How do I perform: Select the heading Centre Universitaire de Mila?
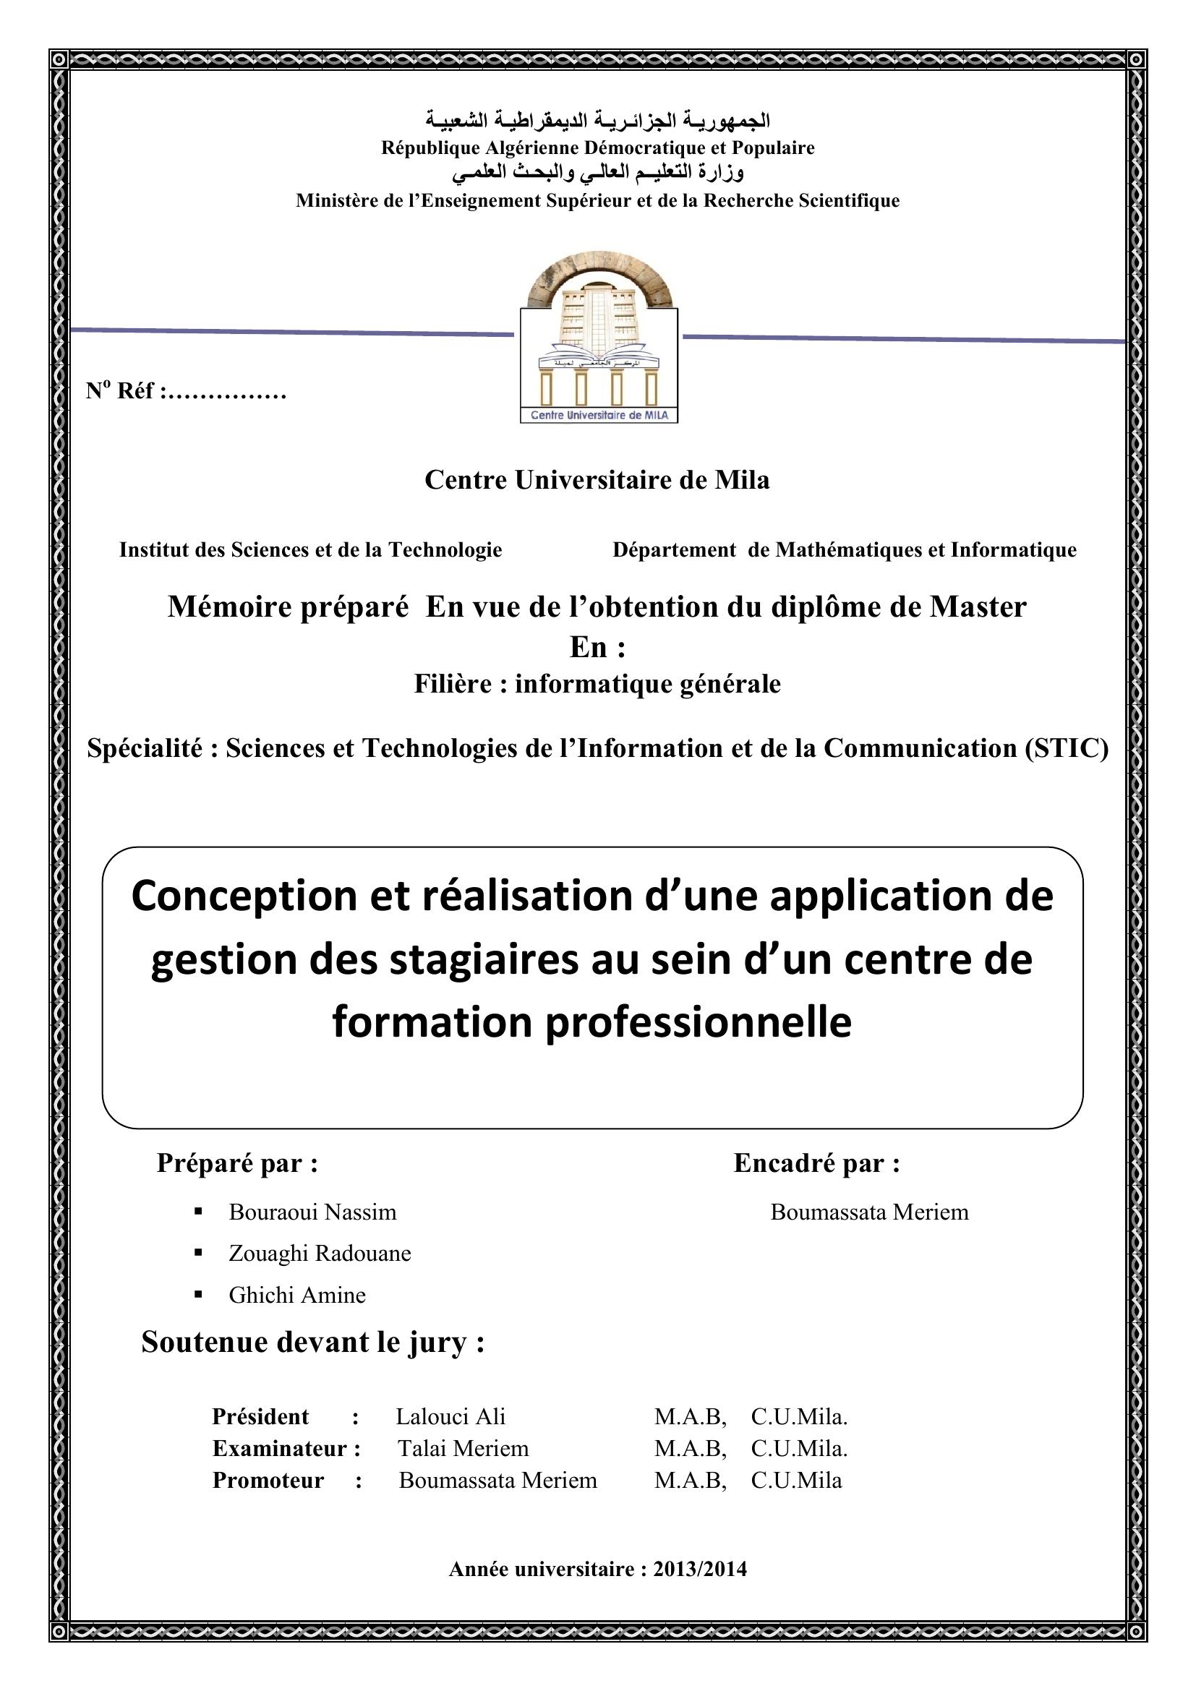(x=597, y=480)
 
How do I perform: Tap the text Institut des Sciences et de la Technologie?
(x=310, y=549)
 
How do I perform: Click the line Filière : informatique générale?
(x=597, y=683)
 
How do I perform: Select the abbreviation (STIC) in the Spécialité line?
(x=1066, y=748)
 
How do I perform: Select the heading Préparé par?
(x=237, y=1164)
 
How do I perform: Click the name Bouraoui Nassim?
(x=312, y=1212)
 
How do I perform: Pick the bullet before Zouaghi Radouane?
(x=197, y=1252)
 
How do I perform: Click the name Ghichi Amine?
(x=296, y=1295)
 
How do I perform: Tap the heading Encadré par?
(x=816, y=1164)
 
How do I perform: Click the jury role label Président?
(x=260, y=1416)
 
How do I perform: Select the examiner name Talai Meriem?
(x=464, y=1448)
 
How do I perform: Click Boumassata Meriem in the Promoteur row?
(x=497, y=1480)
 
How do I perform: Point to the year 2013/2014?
(x=700, y=1569)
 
